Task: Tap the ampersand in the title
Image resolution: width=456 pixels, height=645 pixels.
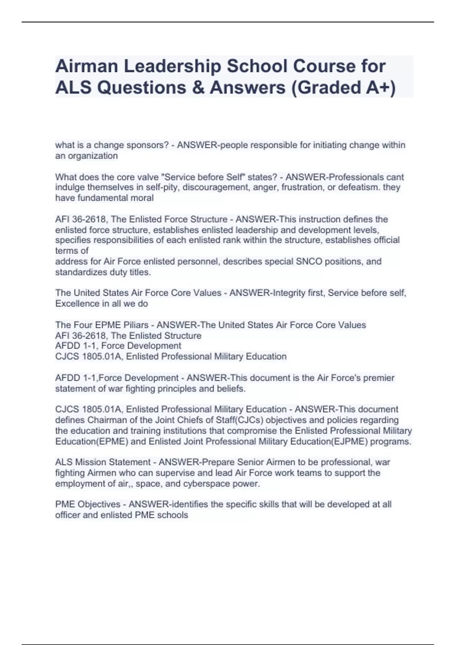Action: pyautogui.click(x=198, y=87)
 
